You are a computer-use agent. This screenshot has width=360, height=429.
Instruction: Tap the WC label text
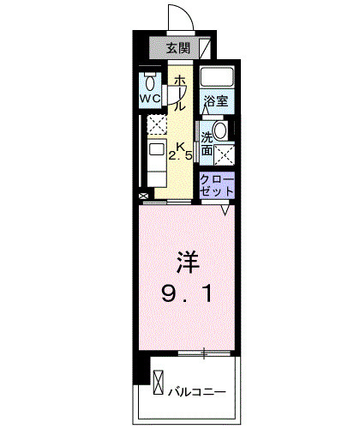click(151, 98)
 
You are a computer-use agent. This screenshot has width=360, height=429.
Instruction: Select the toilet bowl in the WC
click(152, 82)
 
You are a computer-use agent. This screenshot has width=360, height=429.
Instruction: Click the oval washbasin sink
click(219, 131)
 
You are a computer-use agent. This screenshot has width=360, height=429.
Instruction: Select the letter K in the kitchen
click(181, 143)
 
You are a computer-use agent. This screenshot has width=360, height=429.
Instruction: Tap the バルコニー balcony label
click(196, 392)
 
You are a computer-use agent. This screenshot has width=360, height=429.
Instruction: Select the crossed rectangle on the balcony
click(159, 379)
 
